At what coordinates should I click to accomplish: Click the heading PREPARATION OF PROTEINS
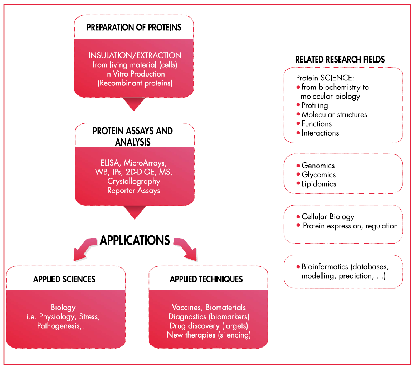point(134,28)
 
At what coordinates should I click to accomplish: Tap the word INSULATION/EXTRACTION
point(135,56)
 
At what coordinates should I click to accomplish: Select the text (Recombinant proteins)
point(135,84)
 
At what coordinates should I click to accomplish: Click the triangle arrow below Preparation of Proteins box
point(134,103)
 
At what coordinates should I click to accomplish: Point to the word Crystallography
point(134,181)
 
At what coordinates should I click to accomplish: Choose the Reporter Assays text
point(134,191)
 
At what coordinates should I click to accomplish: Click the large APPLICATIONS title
point(135,240)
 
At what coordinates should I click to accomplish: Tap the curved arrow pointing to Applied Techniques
point(186,250)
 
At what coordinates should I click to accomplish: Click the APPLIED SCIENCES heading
point(64,279)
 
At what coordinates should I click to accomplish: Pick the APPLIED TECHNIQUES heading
point(206,279)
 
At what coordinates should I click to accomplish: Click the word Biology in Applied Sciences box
point(63,307)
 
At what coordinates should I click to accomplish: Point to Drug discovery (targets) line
point(209,326)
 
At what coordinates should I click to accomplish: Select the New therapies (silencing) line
point(209,335)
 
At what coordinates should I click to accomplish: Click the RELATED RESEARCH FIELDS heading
point(340,60)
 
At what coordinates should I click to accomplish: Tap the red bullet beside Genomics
point(298,166)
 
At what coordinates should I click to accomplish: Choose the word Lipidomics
point(319,184)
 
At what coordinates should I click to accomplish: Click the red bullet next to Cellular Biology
point(298,217)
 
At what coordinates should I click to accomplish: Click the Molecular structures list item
point(334,115)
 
